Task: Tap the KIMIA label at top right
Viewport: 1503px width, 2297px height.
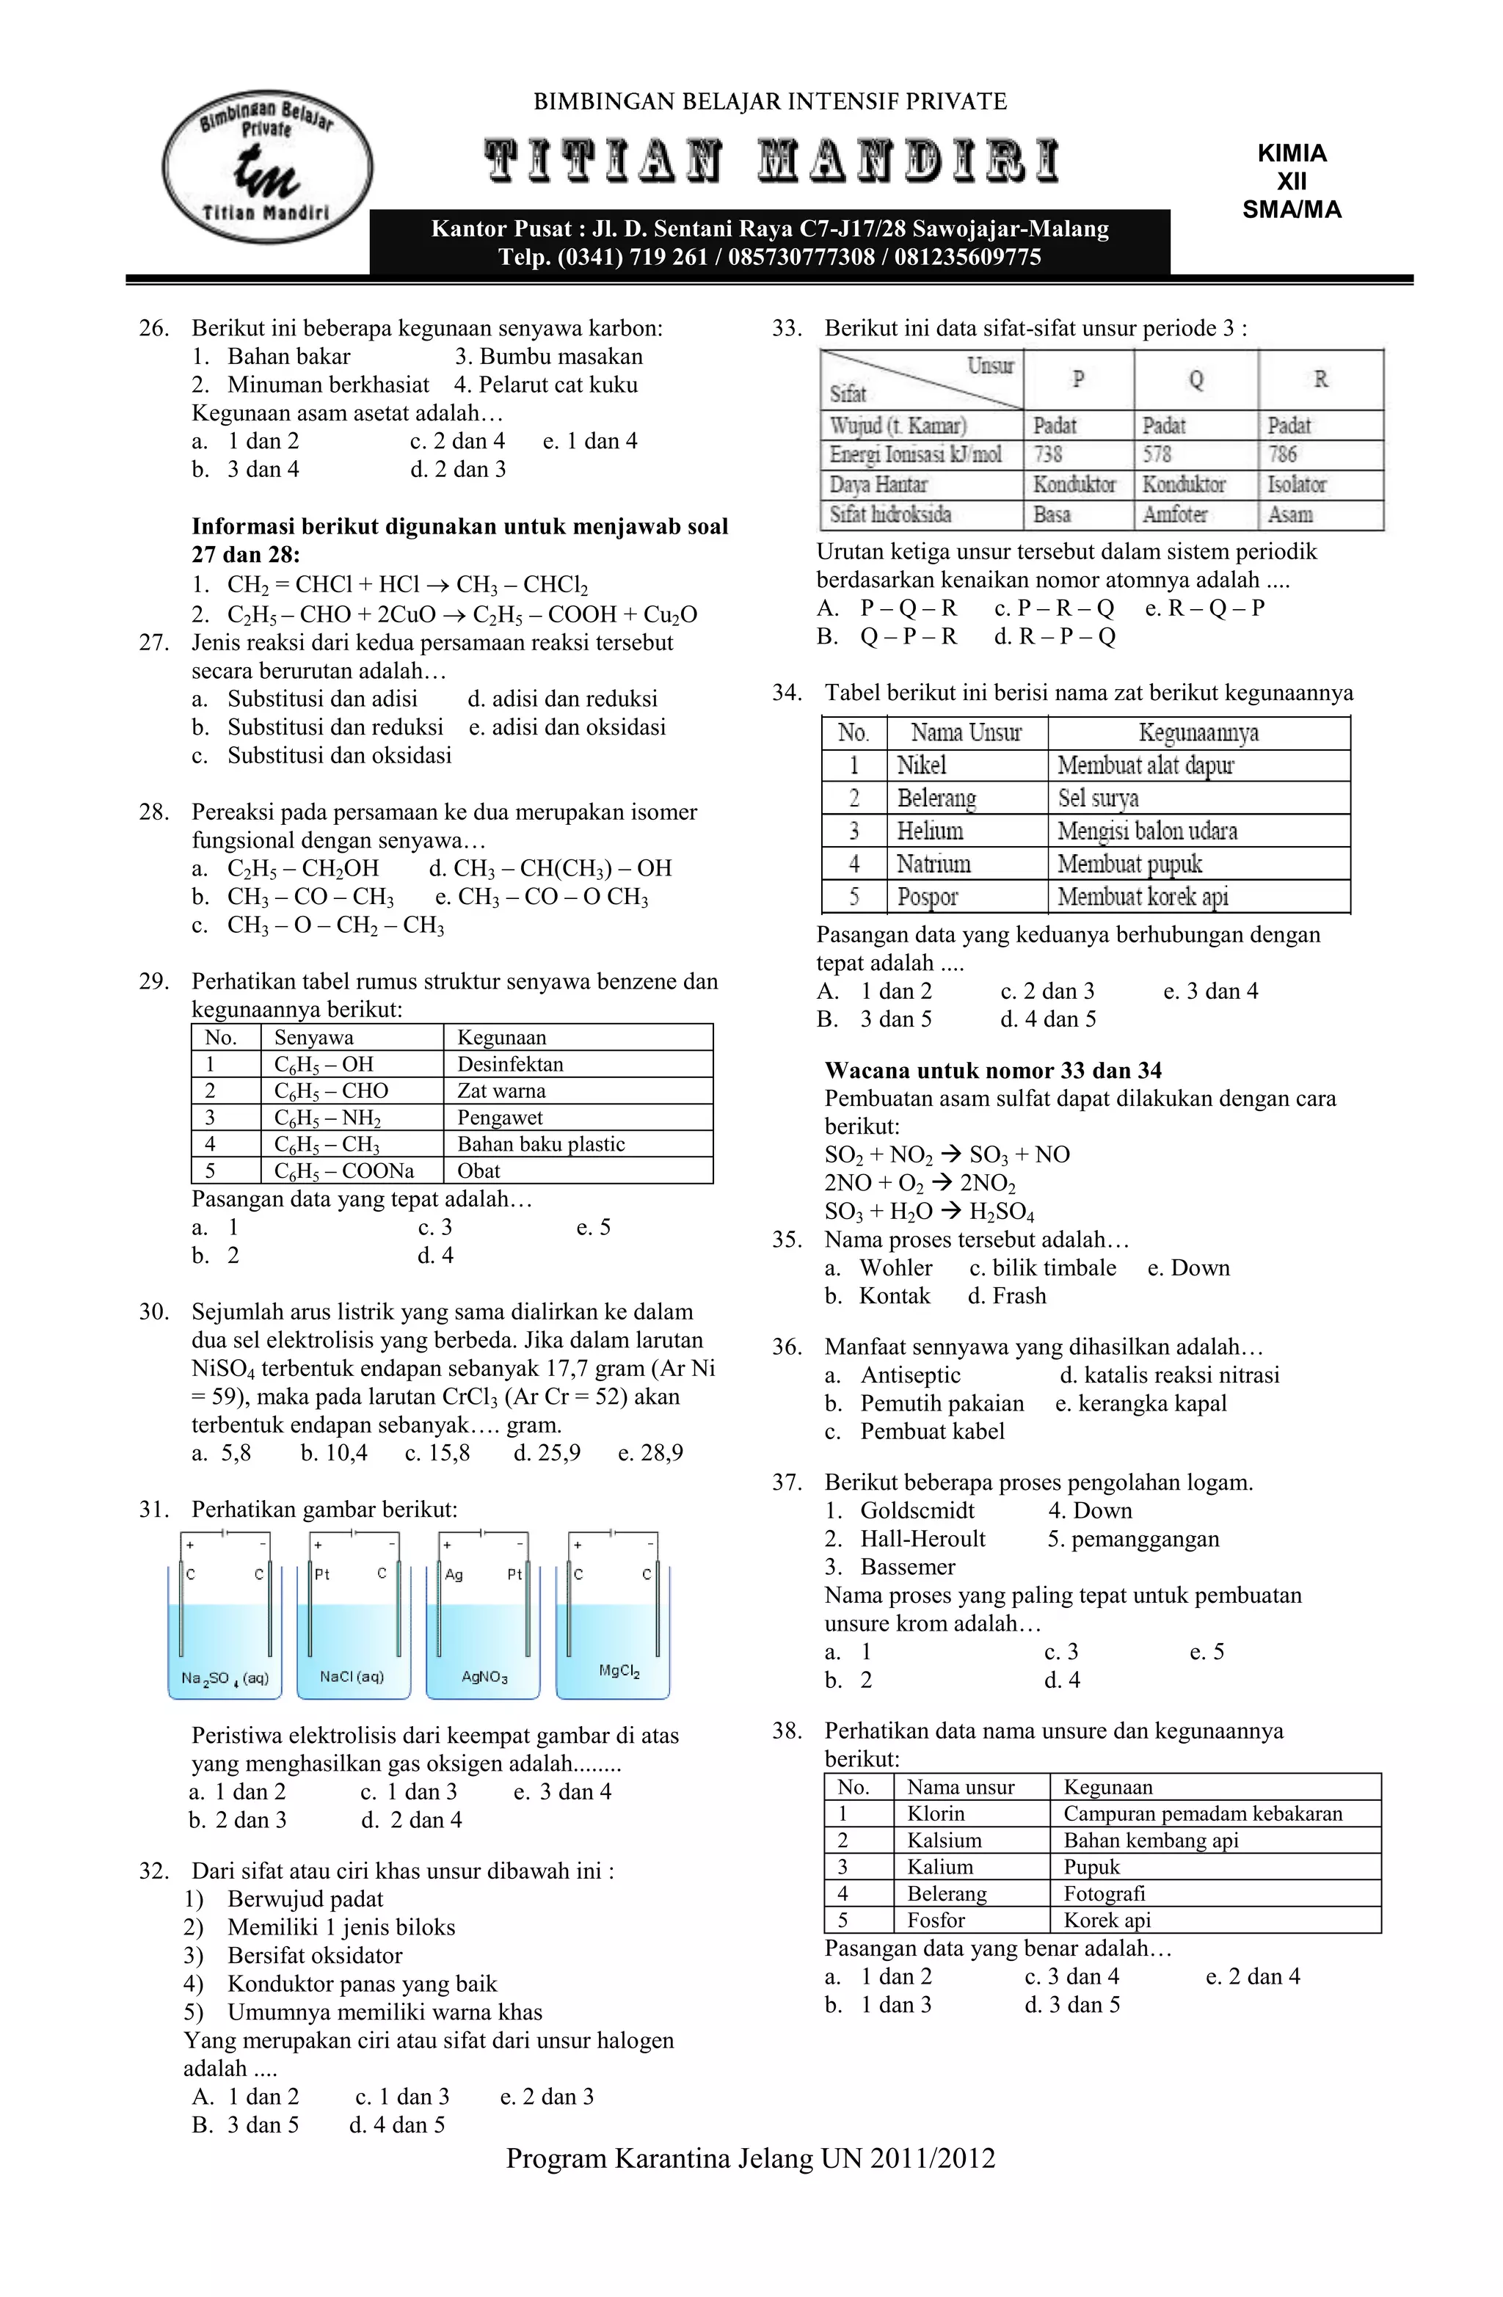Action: pos(1291,153)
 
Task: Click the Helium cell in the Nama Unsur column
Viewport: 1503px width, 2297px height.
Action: pos(930,831)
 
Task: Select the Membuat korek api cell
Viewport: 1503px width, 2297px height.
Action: pos(1142,897)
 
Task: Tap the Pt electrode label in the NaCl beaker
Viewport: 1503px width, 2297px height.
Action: pos(321,1574)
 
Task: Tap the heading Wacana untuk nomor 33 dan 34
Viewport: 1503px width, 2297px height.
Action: pos(992,1070)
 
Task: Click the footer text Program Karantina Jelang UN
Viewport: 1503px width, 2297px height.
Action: pos(750,2158)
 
